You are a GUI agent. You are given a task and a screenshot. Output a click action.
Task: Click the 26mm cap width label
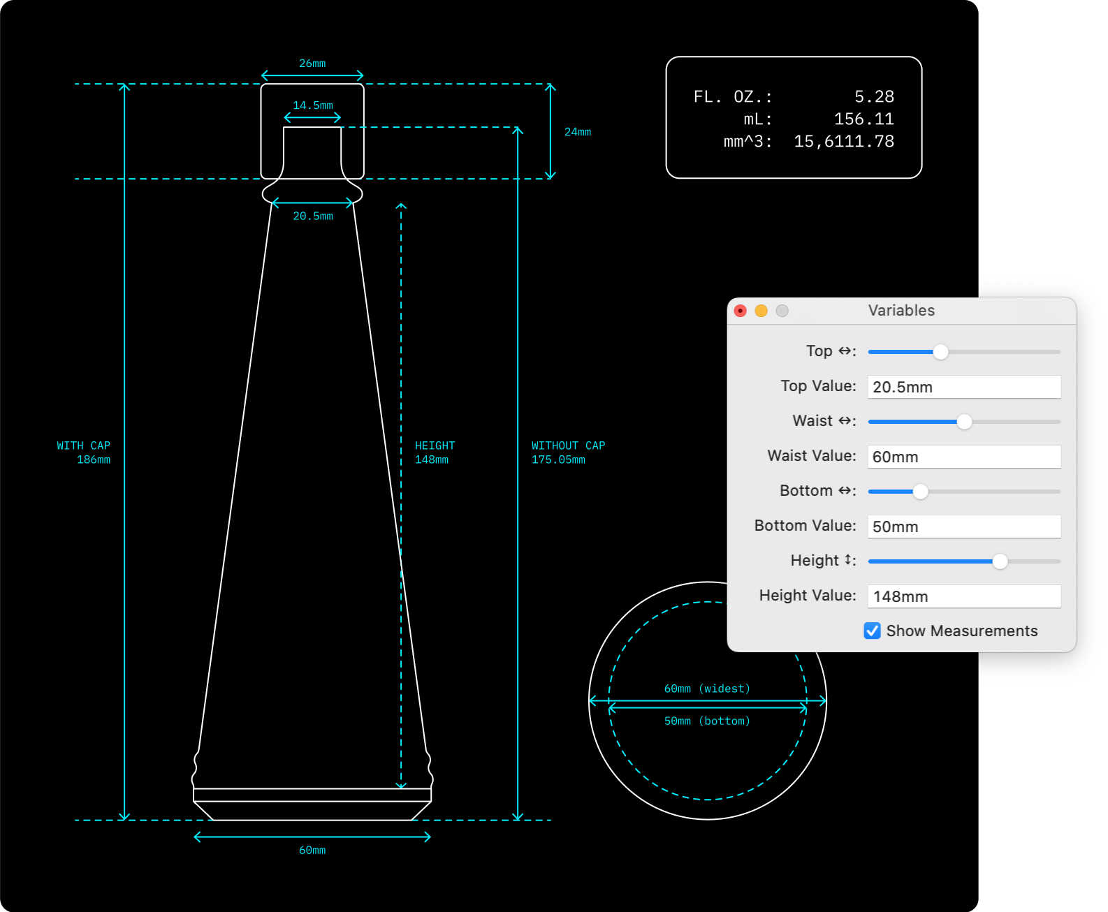[x=312, y=64]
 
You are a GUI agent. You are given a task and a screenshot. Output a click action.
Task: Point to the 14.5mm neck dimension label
[x=313, y=105]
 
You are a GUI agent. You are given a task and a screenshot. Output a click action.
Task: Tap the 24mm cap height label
[x=578, y=132]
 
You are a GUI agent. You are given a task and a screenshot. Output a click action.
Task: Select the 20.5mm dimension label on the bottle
[x=313, y=216]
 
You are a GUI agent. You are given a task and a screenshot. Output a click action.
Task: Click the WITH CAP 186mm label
[x=84, y=453]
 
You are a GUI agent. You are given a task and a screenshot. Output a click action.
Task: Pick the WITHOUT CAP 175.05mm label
[x=569, y=453]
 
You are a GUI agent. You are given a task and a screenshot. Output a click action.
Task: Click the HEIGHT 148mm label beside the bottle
[x=435, y=453]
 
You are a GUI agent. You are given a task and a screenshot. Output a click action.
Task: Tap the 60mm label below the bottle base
[x=312, y=851]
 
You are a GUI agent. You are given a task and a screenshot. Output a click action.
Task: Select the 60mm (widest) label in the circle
[x=707, y=689]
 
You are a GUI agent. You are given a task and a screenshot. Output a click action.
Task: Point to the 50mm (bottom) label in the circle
[x=707, y=721]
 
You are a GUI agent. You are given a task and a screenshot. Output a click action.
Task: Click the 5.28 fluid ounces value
[x=874, y=96]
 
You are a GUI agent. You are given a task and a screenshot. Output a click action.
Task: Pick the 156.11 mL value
[x=864, y=119]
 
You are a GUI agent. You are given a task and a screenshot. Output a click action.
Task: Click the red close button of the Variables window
[x=741, y=311]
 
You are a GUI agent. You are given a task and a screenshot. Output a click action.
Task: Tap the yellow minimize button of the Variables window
[x=761, y=311]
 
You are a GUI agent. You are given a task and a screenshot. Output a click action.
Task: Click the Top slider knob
[x=941, y=352]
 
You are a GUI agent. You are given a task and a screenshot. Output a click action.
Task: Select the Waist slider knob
[x=964, y=422]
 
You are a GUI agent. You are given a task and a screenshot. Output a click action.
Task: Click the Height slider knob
[x=1000, y=561]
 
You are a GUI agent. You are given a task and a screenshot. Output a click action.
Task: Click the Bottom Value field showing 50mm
[x=964, y=527]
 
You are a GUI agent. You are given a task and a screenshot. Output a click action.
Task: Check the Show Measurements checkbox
[x=873, y=631]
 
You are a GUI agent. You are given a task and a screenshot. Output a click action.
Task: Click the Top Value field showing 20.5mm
[x=964, y=387]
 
